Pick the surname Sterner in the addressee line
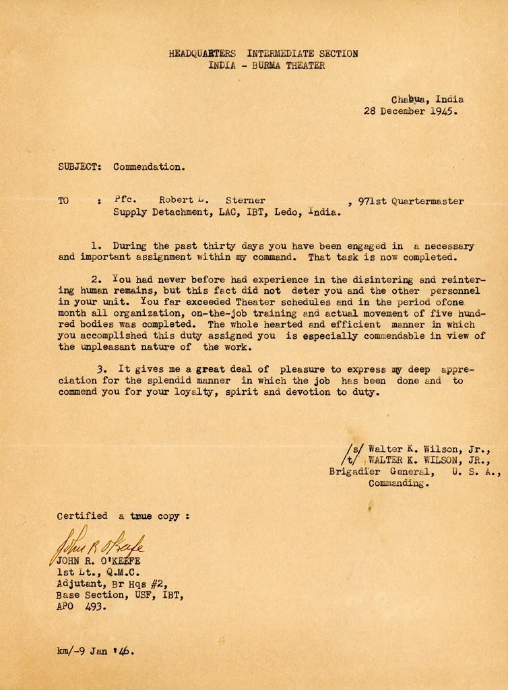[245, 200]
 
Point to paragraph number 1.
[94, 246]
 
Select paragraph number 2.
[94, 279]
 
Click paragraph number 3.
[100, 369]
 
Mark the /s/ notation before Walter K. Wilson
[352, 448]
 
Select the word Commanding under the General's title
[397, 483]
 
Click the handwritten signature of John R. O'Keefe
[98, 543]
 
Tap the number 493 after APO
[95, 606]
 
